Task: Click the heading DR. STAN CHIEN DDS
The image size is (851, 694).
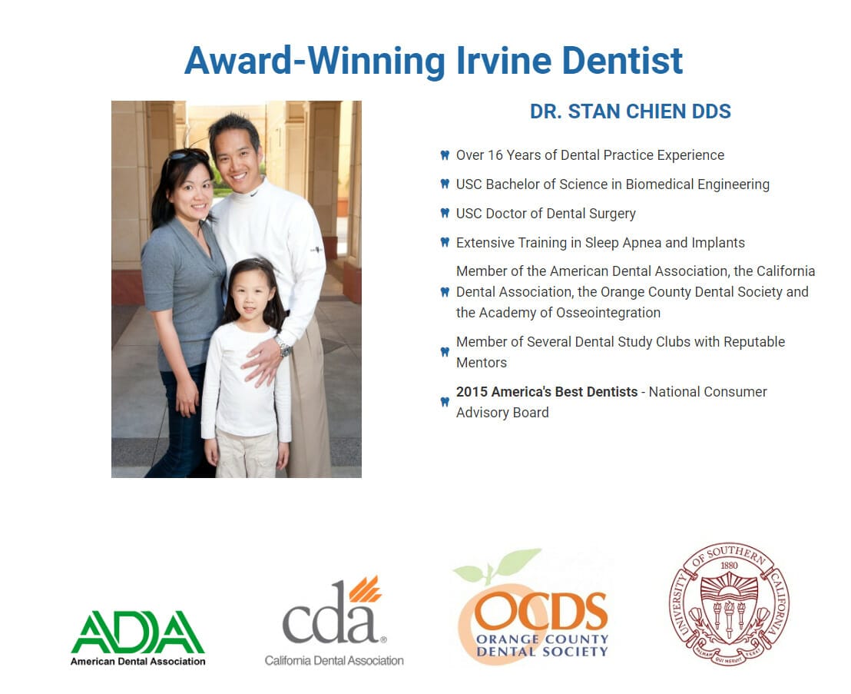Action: (x=630, y=111)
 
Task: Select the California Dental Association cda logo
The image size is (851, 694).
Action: (x=334, y=621)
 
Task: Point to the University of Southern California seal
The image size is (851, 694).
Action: (x=729, y=604)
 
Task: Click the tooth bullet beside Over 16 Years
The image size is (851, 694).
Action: (x=445, y=155)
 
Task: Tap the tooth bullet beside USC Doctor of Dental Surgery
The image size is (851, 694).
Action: (x=445, y=214)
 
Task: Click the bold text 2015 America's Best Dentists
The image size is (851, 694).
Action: (x=547, y=391)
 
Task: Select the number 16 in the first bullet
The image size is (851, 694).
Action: (x=495, y=155)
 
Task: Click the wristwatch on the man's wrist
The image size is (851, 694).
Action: (x=283, y=346)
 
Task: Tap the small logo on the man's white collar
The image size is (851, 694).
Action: (x=254, y=193)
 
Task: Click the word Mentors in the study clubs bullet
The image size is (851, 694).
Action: (x=482, y=363)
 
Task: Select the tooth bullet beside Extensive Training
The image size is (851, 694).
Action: (x=445, y=243)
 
